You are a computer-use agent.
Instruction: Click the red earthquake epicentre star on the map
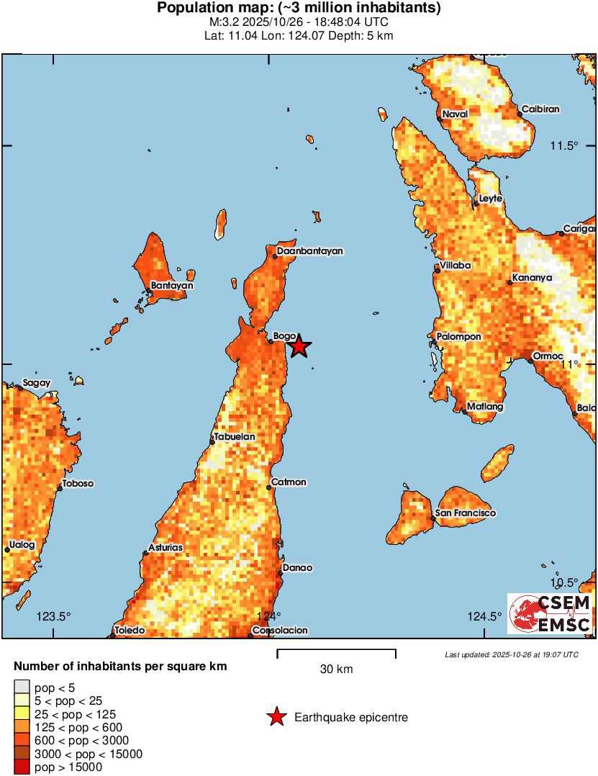pyautogui.click(x=299, y=347)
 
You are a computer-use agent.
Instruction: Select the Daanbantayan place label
pyautogui.click(x=310, y=251)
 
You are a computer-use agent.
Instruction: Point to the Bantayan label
pyautogui.click(x=172, y=286)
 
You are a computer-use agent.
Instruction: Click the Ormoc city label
pyautogui.click(x=545, y=356)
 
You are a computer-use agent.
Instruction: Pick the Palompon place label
pyautogui.click(x=459, y=336)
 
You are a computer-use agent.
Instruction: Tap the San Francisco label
pyautogui.click(x=466, y=513)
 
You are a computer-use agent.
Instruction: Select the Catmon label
pyautogui.click(x=289, y=482)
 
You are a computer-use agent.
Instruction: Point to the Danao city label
pyautogui.click(x=297, y=567)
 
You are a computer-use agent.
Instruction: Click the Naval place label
pyautogui.click(x=455, y=114)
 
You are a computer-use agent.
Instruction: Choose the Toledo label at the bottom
pyautogui.click(x=130, y=631)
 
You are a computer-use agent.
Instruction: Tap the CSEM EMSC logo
pyautogui.click(x=551, y=614)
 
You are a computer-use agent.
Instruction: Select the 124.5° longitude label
pyautogui.click(x=485, y=615)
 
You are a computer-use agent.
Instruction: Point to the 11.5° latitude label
pyautogui.click(x=564, y=145)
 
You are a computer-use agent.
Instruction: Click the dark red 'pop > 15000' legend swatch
pyautogui.click(x=22, y=767)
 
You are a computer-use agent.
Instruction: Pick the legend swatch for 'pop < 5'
pyautogui.click(x=22, y=687)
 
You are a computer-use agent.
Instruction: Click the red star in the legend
pyautogui.click(x=276, y=717)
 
